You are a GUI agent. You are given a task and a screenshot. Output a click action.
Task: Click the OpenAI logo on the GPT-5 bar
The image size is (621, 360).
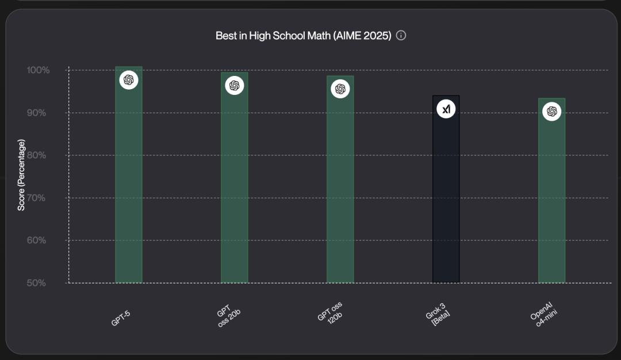129,80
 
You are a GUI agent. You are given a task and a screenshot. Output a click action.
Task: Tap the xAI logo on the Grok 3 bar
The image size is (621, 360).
446,109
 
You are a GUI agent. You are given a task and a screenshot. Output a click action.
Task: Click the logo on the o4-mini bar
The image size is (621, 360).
552,111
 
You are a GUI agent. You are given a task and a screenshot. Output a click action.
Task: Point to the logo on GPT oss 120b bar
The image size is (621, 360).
340,89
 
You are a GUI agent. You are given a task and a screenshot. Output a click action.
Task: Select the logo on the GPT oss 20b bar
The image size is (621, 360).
235,85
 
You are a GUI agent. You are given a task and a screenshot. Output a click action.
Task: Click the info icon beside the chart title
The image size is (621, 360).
401,36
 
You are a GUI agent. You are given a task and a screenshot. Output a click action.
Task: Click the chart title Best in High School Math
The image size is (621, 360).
303,36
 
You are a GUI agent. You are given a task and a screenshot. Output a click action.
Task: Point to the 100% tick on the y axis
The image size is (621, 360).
39,70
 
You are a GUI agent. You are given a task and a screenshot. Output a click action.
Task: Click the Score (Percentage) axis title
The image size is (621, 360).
21,175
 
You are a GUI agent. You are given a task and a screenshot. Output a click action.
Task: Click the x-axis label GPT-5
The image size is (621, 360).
121,317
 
